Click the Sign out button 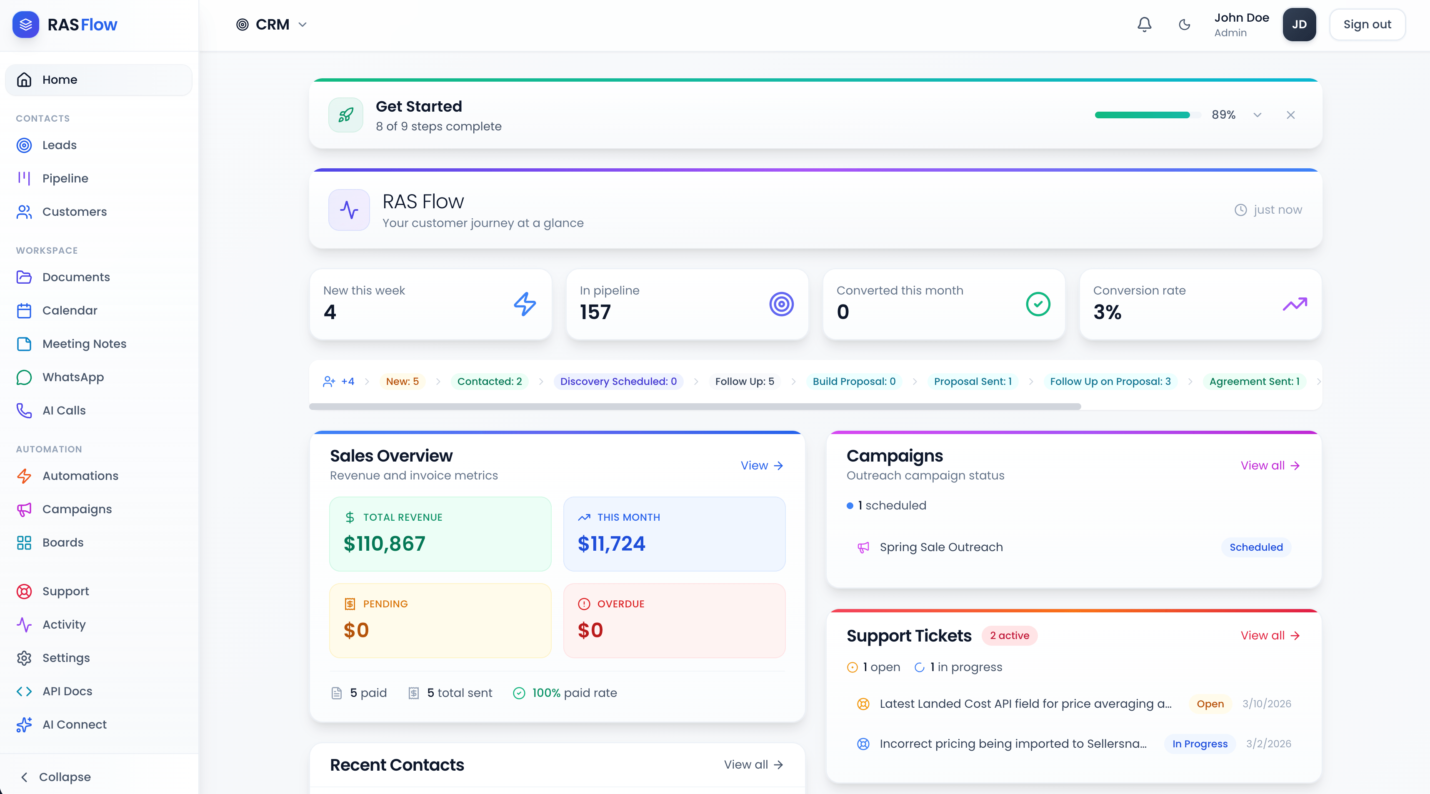tap(1367, 25)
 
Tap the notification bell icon tap(1144, 25)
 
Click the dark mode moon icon tap(1184, 25)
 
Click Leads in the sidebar tap(60, 145)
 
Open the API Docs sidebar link tap(67, 691)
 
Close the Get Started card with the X tap(1290, 115)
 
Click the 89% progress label tap(1223, 115)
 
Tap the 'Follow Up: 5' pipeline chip tap(744, 381)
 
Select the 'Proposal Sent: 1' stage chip tap(972, 381)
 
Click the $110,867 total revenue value tap(384, 543)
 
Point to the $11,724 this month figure tap(611, 543)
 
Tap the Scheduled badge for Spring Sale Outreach tap(1256, 547)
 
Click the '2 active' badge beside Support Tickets tap(1009, 635)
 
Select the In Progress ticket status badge tap(1199, 744)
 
